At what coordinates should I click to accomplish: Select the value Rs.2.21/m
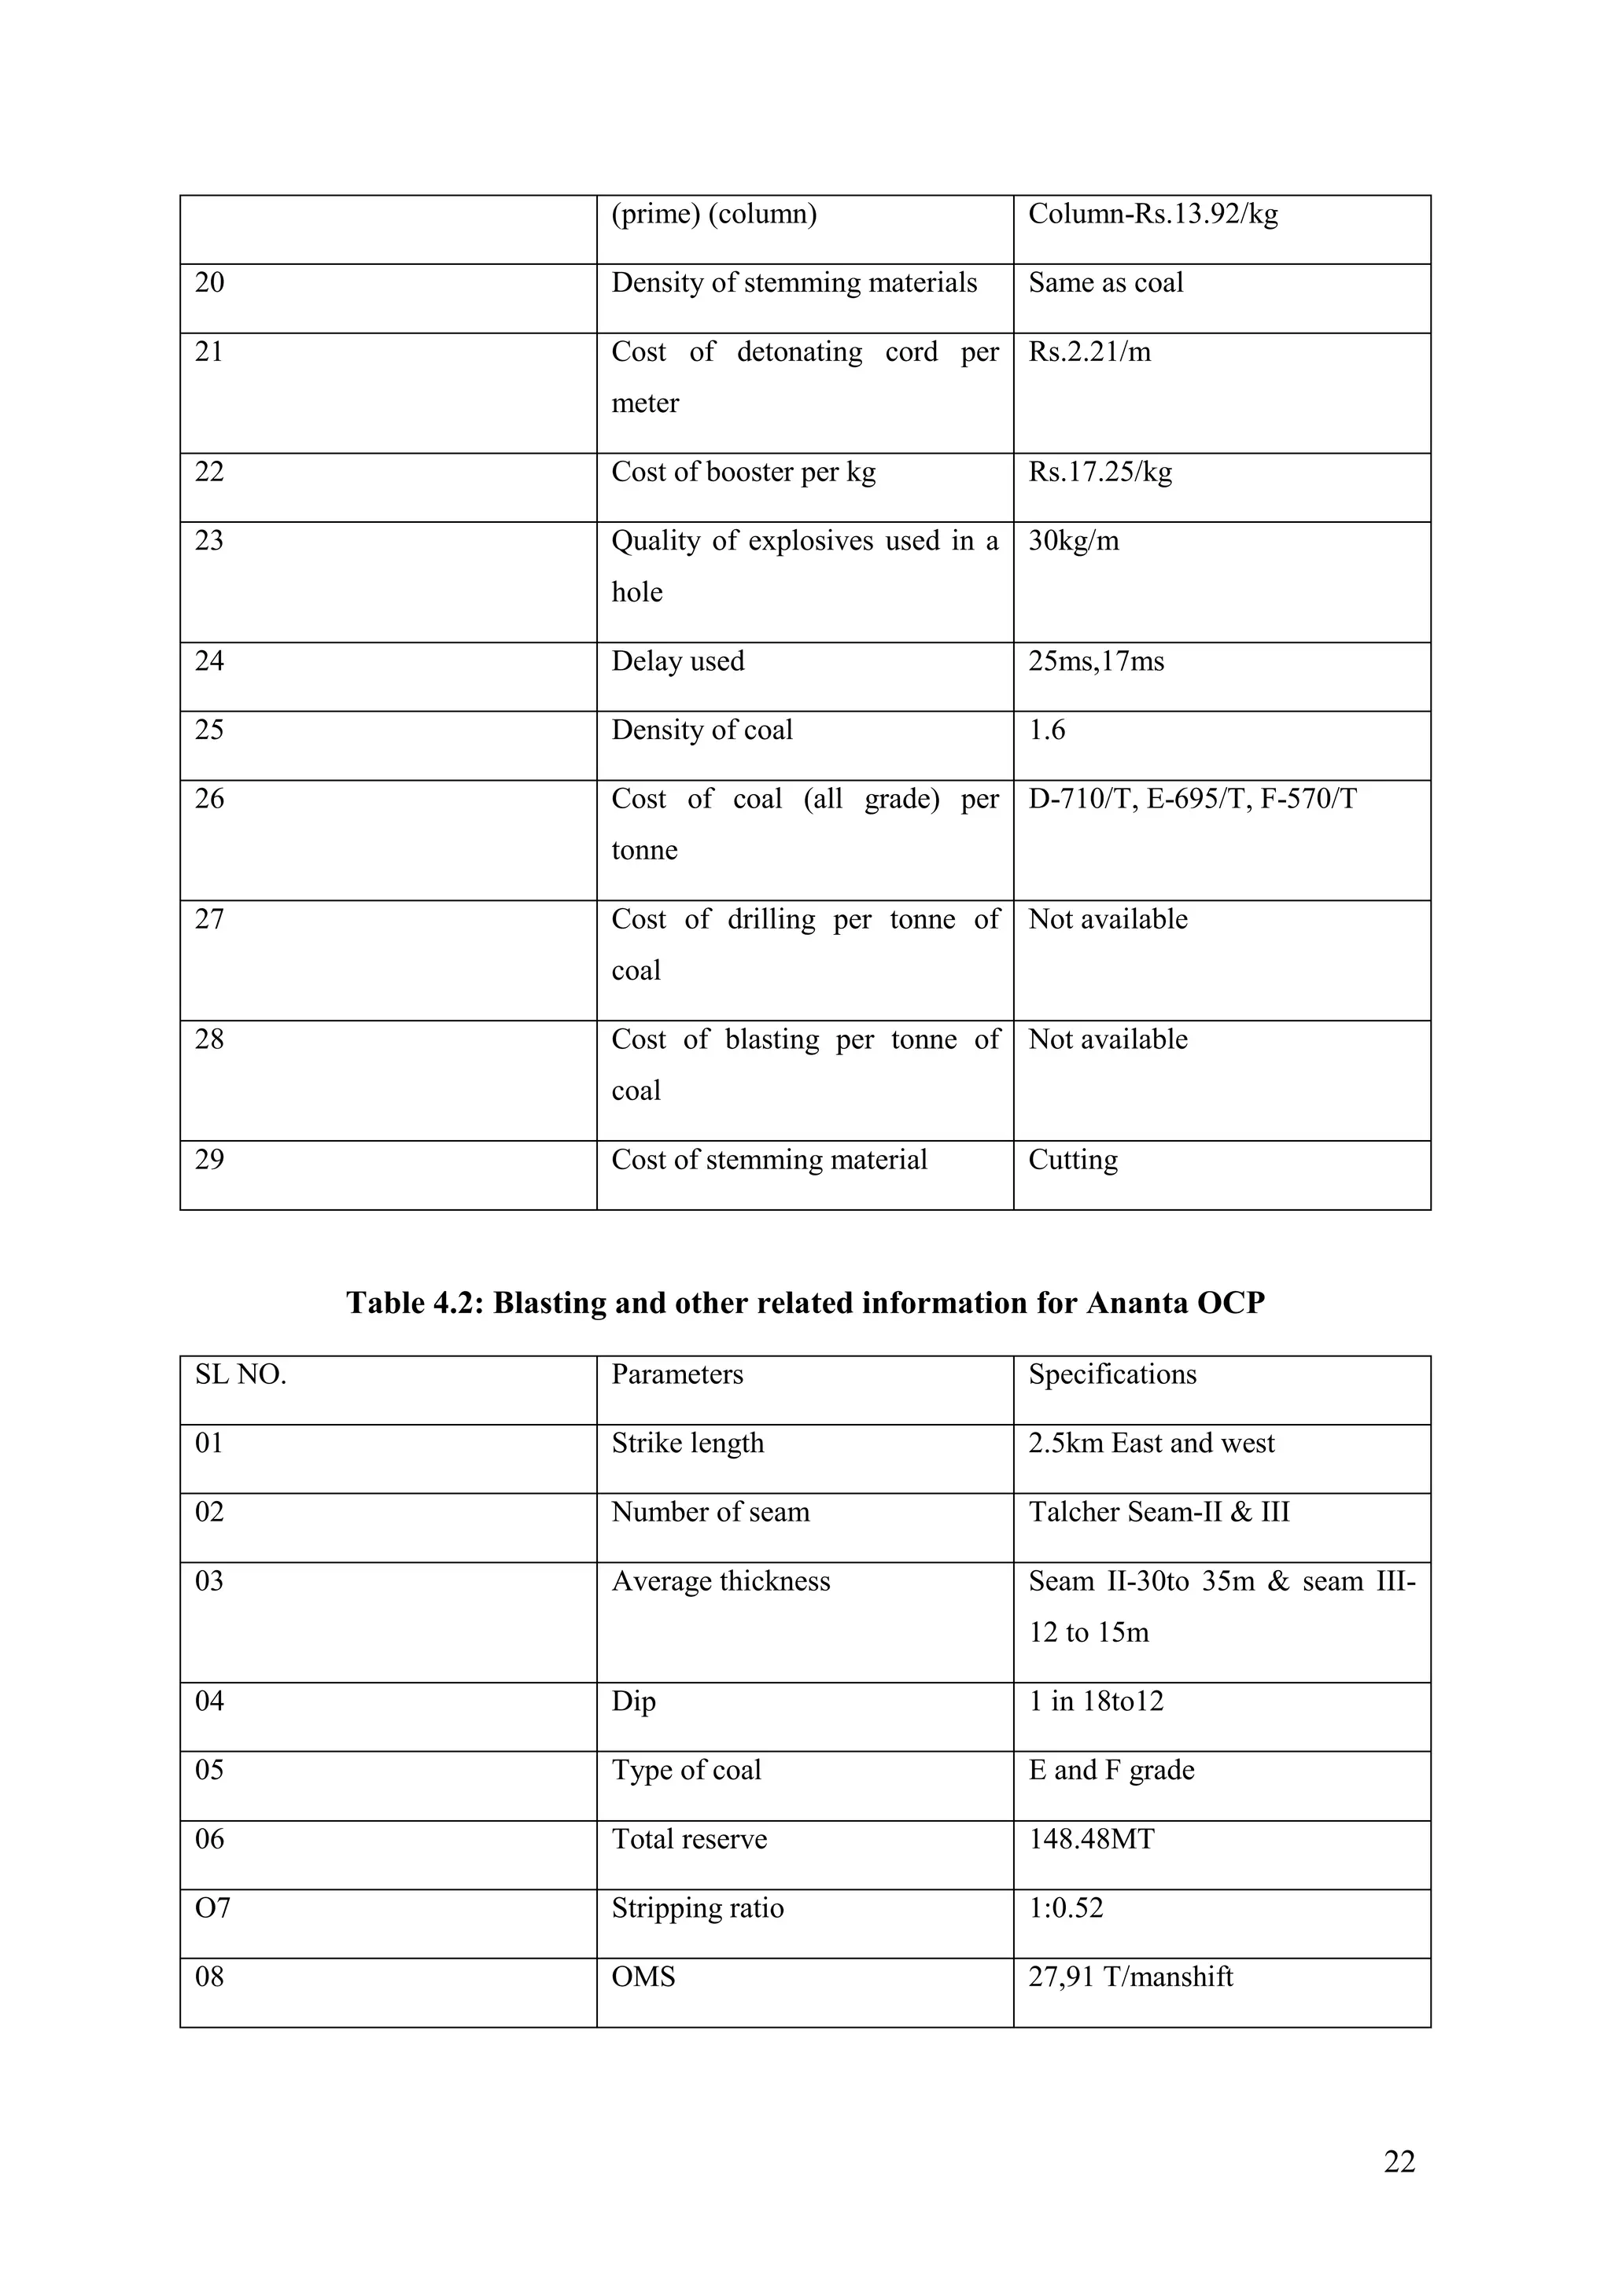click(x=1089, y=352)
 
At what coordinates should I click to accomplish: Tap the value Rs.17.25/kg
click(x=1100, y=472)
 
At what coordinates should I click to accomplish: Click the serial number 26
click(x=209, y=800)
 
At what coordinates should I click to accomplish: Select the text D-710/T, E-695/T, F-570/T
click(x=1193, y=800)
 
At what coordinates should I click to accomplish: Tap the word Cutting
click(x=1072, y=1161)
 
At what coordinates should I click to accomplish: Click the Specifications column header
click(x=1112, y=1374)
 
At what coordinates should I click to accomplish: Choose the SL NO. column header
click(x=240, y=1374)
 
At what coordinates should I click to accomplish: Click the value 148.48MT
click(x=1091, y=1840)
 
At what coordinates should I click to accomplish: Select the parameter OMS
click(x=643, y=1977)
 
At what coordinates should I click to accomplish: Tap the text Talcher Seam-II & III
click(x=1159, y=1513)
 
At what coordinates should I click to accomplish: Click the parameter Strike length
click(x=688, y=1444)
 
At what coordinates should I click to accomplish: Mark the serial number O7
click(x=212, y=1908)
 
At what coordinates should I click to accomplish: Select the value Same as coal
click(x=1105, y=284)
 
